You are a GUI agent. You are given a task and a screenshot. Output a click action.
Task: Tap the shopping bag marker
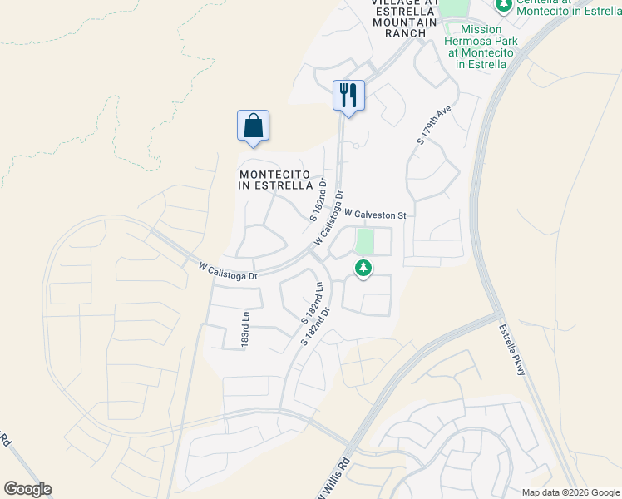(x=253, y=126)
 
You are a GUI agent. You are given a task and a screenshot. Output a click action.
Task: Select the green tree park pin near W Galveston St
(x=363, y=269)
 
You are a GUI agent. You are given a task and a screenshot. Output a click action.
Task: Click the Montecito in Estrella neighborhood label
(x=275, y=180)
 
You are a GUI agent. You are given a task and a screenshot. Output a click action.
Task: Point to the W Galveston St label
(x=374, y=215)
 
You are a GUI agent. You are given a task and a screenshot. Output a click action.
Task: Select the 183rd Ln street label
(x=245, y=330)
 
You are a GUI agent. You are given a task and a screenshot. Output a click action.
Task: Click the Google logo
(x=27, y=489)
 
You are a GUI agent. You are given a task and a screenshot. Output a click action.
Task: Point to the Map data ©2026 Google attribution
(x=570, y=492)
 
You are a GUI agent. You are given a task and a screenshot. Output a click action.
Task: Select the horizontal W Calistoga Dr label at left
(x=230, y=270)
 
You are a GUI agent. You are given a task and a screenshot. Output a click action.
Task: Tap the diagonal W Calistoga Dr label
(x=329, y=218)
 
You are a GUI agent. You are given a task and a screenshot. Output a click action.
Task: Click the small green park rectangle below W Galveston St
(x=363, y=242)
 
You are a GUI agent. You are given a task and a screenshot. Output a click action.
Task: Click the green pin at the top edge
(x=502, y=7)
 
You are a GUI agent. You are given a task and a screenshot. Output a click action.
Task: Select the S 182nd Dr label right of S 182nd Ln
(x=320, y=326)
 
